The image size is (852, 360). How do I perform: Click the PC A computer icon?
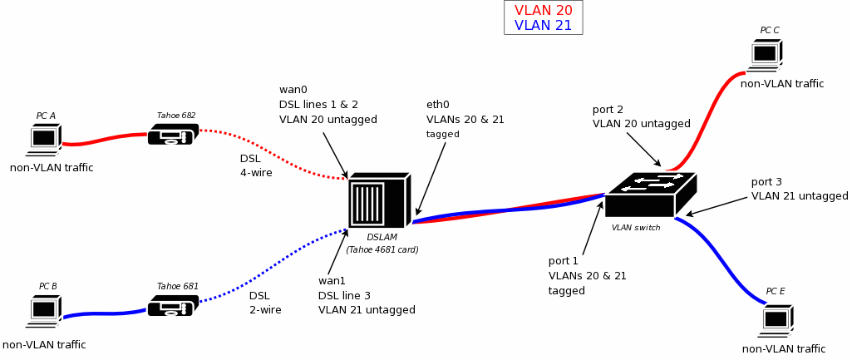point(44,139)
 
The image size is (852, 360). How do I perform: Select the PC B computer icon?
point(44,309)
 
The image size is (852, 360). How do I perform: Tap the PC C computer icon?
point(766,54)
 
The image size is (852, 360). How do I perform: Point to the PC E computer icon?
point(777,318)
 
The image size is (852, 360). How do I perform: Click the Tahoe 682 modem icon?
point(173,134)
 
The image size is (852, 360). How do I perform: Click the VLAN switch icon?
point(649,195)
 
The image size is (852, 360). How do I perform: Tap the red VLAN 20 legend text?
point(543,11)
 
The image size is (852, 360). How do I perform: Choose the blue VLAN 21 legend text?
point(543,26)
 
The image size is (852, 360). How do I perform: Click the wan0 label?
point(293,90)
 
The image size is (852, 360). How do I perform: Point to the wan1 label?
point(332,280)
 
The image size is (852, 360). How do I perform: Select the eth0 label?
point(438,105)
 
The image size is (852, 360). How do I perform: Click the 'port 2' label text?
point(608,110)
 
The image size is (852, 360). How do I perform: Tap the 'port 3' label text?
point(766,182)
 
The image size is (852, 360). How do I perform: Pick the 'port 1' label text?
point(564,261)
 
